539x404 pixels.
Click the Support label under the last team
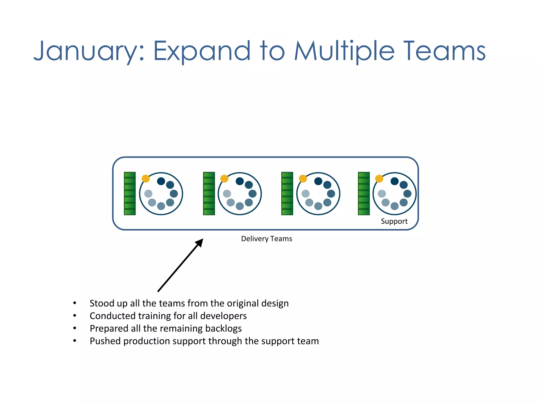click(394, 221)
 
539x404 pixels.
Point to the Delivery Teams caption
click(266, 239)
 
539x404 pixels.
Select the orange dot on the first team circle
click(146, 179)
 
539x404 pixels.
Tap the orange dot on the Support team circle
click(379, 179)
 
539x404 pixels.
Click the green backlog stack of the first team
click(130, 194)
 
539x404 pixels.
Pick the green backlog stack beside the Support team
click(364, 194)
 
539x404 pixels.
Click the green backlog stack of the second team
click(209, 194)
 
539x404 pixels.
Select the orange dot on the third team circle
click(303, 179)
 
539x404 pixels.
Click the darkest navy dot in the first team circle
click(161, 181)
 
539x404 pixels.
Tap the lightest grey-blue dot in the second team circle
click(227, 194)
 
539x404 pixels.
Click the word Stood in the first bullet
click(102, 303)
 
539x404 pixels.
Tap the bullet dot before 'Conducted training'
click(75, 316)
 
